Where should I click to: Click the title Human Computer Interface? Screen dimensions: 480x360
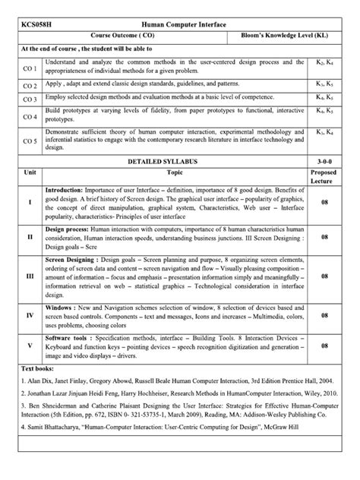click(182, 24)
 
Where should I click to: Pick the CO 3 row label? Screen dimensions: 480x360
click(30, 99)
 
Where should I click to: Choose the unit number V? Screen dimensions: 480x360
click(30, 345)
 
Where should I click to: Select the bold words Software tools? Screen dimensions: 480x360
click(68, 335)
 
